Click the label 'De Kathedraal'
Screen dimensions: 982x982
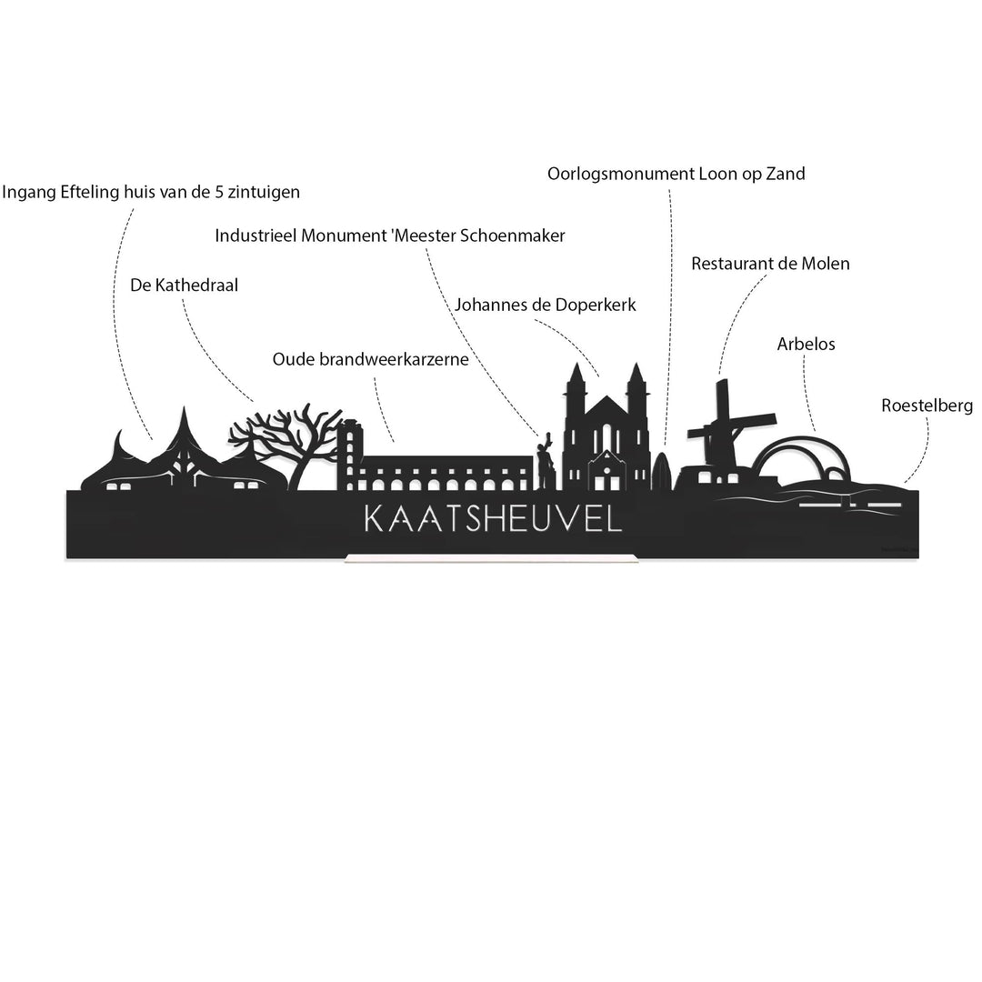coord(184,286)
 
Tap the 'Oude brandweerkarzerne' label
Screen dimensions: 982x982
coord(370,359)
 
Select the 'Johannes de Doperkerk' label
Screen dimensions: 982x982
coord(545,305)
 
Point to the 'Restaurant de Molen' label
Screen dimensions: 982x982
coord(770,264)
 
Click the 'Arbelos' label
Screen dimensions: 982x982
coord(806,344)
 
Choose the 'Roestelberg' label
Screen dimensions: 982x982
coord(927,406)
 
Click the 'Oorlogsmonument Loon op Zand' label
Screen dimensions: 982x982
coord(676,174)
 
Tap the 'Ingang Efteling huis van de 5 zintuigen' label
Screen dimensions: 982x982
coord(151,192)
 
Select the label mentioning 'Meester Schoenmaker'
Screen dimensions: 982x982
coord(389,236)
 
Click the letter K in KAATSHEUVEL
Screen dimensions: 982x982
coord(375,518)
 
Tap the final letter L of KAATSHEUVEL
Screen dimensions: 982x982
coord(613,518)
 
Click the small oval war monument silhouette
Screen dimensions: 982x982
coord(661,471)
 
